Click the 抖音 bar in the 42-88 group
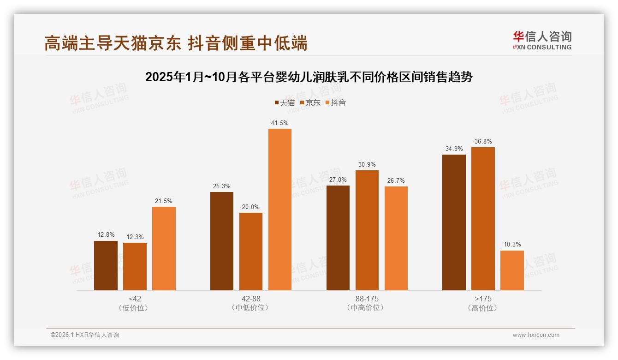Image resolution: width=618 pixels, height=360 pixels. (280, 210)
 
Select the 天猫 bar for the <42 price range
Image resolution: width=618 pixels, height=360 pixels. (106, 265)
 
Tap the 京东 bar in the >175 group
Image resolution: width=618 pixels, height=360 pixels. (483, 219)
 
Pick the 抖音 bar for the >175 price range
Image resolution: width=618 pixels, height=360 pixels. (512, 270)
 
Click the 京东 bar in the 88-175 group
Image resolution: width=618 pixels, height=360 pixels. (367, 230)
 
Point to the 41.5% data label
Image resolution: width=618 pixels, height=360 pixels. (280, 123)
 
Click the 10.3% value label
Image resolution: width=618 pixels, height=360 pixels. (512, 245)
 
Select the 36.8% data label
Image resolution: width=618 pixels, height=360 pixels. (483, 142)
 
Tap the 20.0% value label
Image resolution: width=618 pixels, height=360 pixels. (251, 207)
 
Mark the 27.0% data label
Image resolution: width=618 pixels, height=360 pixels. (338, 180)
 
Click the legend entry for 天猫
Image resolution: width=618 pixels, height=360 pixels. (285, 103)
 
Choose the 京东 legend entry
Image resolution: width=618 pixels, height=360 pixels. (310, 103)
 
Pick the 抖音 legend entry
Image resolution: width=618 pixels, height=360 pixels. (336, 103)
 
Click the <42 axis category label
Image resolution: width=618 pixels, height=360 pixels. (135, 299)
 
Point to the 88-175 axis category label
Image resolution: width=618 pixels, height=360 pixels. (367, 299)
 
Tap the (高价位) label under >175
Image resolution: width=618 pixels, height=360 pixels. (483, 308)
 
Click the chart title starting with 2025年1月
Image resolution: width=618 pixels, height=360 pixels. (309, 77)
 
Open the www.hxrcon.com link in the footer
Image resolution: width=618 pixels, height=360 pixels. (536, 335)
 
